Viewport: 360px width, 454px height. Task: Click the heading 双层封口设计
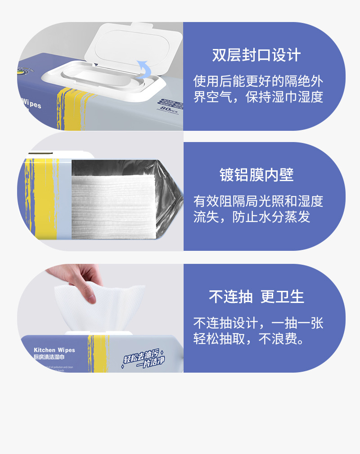tap(256, 56)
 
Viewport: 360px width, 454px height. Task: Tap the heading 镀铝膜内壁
tap(256, 175)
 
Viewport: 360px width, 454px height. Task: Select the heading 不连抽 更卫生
tap(256, 297)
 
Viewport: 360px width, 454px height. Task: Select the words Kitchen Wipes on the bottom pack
tap(54, 350)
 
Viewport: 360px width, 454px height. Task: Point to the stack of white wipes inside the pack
tap(112, 205)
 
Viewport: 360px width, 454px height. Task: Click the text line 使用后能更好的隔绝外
tap(258, 81)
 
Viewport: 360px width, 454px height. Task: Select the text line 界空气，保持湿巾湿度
tap(258, 97)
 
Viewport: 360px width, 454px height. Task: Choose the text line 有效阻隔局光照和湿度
tap(258, 201)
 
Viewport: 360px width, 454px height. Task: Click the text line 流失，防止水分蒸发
tap(252, 217)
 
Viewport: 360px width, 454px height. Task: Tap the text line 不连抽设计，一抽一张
tap(258, 323)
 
